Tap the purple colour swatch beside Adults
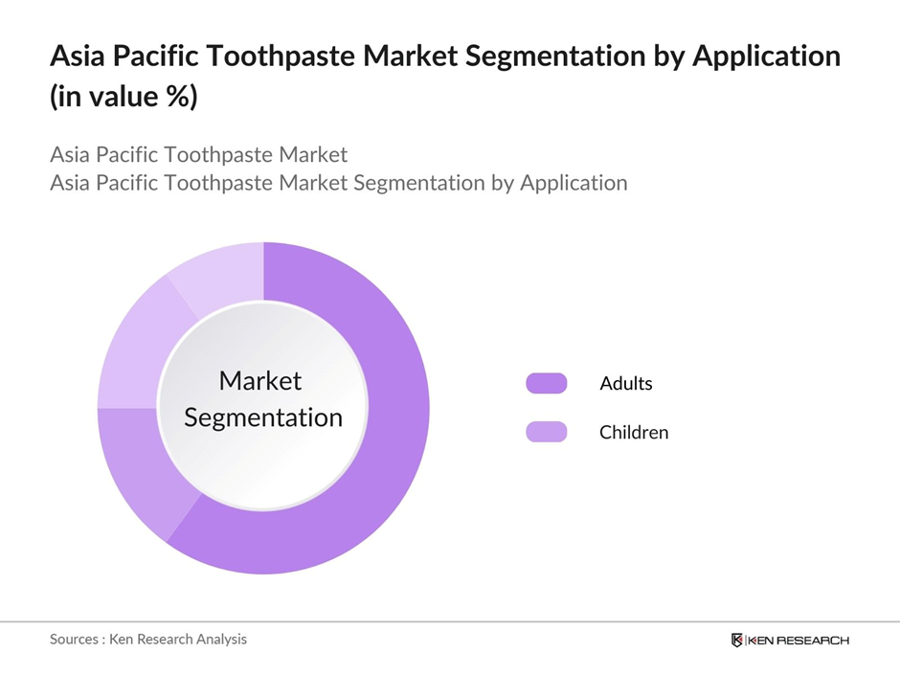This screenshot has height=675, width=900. pos(546,384)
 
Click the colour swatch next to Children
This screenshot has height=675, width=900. pos(546,433)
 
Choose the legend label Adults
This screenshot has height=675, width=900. pos(625,384)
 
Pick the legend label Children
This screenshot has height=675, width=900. pos(633,433)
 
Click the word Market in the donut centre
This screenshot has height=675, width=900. pos(259,381)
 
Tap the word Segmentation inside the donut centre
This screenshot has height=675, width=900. pos(262,418)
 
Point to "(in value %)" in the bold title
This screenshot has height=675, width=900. pos(124,96)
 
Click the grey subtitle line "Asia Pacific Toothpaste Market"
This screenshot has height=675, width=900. pos(198,154)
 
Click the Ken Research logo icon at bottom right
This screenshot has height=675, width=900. pos(736,640)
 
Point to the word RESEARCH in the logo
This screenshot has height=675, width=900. pos(814,640)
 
